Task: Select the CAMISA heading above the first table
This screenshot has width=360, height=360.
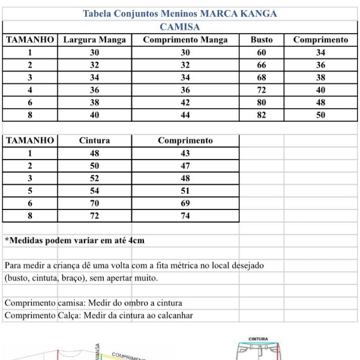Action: tap(180, 26)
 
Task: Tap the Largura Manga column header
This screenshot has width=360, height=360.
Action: tap(94, 40)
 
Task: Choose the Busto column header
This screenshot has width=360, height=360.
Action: tap(262, 40)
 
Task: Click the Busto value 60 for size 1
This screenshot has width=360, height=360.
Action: tap(262, 53)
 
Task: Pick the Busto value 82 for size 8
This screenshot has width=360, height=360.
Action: tap(262, 116)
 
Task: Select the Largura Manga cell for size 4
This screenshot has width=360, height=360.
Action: tap(94, 91)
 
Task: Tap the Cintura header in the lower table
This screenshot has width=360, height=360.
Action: tap(94, 141)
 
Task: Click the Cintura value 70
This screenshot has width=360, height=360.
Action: tap(94, 204)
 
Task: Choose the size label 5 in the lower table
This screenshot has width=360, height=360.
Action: tap(29, 191)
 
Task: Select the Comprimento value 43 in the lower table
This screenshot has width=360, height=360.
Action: tap(185, 154)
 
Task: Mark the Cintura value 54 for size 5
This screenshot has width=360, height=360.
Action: tap(94, 191)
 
